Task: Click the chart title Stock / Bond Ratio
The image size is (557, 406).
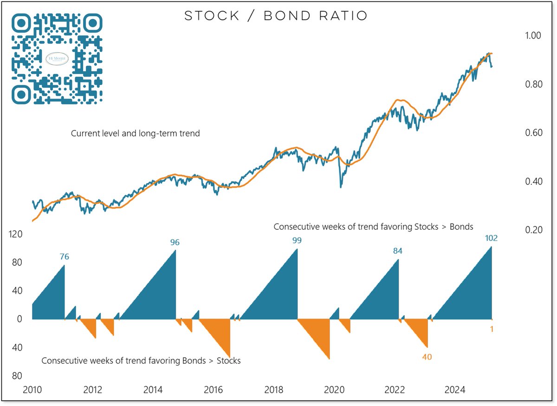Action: [276, 16]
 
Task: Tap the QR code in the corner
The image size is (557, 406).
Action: [57, 58]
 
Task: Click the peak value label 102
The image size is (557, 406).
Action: [491, 238]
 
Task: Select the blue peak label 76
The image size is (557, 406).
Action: [65, 257]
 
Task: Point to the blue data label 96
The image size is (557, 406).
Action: [175, 242]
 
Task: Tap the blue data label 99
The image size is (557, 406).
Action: [297, 240]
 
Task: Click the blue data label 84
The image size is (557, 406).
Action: [397, 251]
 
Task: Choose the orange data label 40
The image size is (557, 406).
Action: [427, 357]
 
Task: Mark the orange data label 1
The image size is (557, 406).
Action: [492, 329]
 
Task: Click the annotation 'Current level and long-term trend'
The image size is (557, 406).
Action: [135, 134]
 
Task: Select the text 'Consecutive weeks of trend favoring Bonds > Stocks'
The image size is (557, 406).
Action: [141, 361]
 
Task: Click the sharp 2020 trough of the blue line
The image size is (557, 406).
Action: [341, 187]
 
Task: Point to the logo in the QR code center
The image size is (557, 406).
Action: [57, 58]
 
